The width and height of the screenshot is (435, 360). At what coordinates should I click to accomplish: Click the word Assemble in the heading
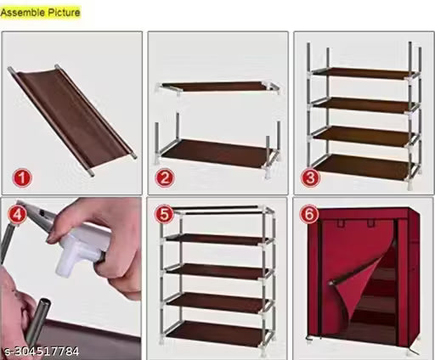tap(25, 13)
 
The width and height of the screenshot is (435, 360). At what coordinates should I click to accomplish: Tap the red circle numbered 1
tap(22, 177)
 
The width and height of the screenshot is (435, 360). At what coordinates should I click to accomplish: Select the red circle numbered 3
tap(310, 177)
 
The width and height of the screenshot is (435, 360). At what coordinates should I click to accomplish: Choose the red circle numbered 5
tap(163, 214)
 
